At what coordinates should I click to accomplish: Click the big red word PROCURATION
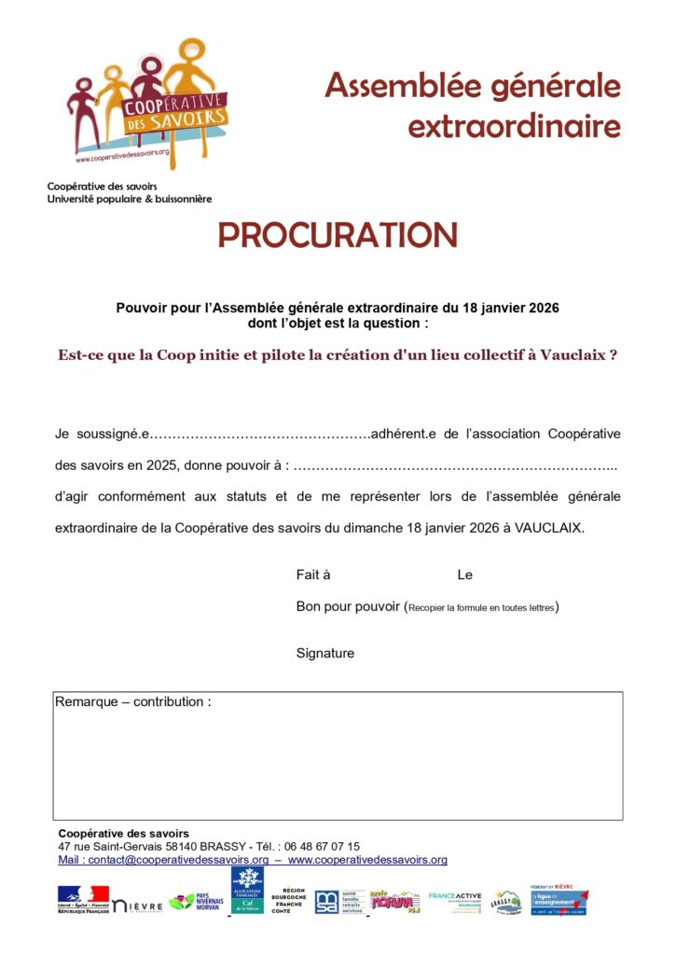338,236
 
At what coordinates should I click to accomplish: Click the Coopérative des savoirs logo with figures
149,103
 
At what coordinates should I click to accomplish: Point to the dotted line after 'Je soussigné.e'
260,435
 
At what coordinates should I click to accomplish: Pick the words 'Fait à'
313,575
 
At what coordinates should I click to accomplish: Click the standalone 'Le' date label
464,575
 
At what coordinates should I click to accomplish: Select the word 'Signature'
325,654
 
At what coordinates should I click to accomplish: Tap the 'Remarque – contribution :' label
133,701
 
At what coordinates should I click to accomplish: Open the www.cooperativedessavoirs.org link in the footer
367,860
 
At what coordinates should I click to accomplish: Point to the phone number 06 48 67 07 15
322,847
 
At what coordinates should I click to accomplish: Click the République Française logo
83,900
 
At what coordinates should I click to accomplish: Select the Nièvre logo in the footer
138,904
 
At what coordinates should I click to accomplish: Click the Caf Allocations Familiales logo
247,891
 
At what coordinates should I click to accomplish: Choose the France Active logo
455,900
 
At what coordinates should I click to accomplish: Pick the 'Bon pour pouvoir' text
348,607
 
